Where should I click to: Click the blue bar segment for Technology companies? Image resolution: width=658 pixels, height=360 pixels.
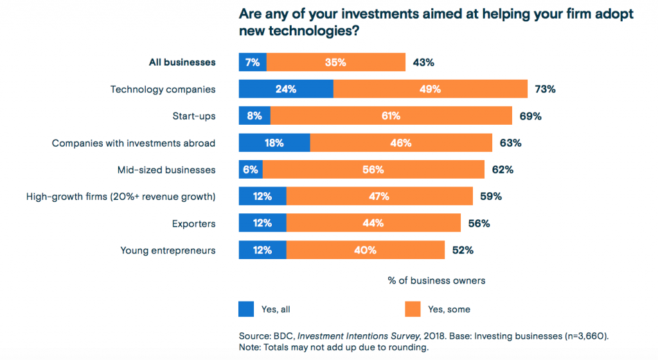(x=286, y=89)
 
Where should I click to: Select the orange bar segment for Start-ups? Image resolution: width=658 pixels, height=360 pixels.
(x=391, y=116)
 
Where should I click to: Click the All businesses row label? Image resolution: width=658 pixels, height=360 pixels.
(x=182, y=62)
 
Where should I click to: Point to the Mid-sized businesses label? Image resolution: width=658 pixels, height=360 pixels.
(x=166, y=170)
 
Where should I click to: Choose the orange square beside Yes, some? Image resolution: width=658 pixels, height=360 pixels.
(x=413, y=309)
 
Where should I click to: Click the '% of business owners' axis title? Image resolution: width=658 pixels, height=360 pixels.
(x=436, y=281)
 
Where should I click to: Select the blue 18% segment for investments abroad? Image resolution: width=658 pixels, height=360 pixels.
(x=274, y=143)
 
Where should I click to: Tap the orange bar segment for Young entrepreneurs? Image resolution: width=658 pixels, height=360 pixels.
(x=365, y=250)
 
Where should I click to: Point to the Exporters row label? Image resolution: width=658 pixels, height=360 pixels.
(x=193, y=224)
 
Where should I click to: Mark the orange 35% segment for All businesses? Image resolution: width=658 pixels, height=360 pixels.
(x=335, y=62)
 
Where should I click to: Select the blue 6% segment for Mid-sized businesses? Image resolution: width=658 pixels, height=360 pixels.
(x=251, y=170)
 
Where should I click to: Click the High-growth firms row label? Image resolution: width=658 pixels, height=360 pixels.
(x=120, y=197)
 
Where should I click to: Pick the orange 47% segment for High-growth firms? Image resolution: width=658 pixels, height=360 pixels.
(x=379, y=197)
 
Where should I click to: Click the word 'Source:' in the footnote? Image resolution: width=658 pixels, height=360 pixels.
(x=255, y=335)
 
